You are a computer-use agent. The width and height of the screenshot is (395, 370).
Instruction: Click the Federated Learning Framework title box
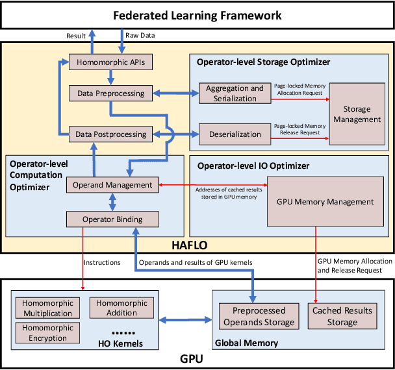(197, 14)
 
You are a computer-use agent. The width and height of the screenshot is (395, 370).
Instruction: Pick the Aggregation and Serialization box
(234, 93)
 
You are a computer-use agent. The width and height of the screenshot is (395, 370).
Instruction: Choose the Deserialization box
(234, 134)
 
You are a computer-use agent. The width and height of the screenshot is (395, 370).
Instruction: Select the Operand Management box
(112, 185)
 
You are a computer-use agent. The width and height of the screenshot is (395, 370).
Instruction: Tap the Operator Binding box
(112, 219)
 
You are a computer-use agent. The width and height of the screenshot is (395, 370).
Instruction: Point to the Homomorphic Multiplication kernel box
(47, 308)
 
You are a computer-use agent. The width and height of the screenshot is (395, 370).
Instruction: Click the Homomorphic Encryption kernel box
(47, 333)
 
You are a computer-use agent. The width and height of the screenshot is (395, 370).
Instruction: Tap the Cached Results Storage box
(342, 316)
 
